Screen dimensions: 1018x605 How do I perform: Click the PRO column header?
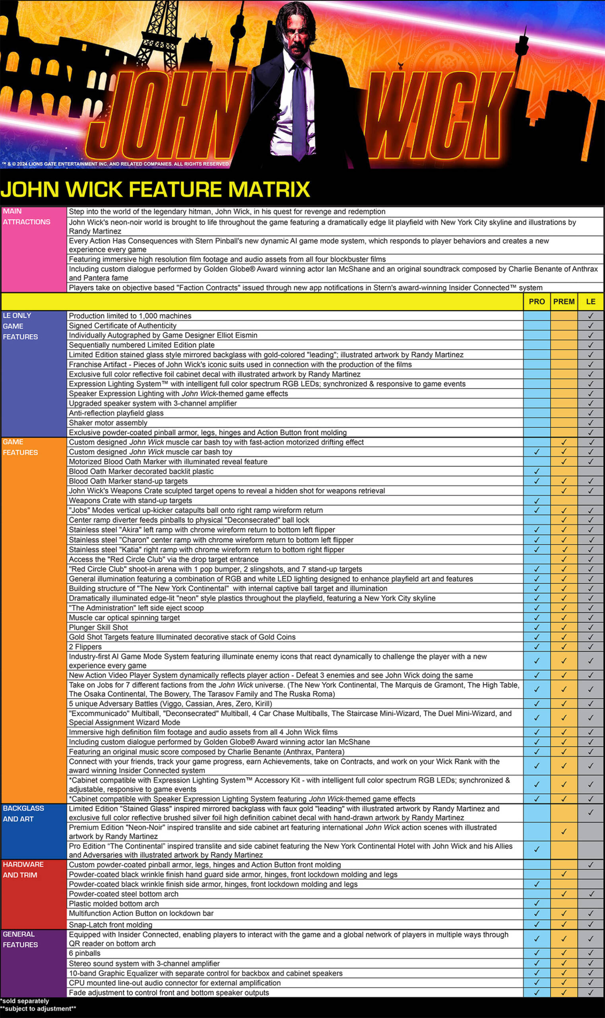(x=537, y=301)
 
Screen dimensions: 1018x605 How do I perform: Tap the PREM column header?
(x=564, y=301)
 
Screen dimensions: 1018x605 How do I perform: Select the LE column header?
(x=591, y=301)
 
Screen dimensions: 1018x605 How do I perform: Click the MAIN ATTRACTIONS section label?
(x=27, y=217)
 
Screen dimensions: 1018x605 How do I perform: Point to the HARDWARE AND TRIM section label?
(x=23, y=870)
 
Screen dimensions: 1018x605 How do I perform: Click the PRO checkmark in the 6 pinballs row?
(x=537, y=953)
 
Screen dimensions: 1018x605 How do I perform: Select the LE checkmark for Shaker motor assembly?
(x=591, y=423)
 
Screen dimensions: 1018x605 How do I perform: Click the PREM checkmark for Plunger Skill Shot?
(x=564, y=627)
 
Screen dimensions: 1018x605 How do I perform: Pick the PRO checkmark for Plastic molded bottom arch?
(x=537, y=903)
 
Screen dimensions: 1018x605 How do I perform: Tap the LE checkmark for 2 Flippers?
(x=591, y=647)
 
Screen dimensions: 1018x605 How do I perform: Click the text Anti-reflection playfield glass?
(x=116, y=413)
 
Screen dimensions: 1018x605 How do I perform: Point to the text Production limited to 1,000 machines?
(x=130, y=316)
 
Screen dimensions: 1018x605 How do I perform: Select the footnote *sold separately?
(x=25, y=1001)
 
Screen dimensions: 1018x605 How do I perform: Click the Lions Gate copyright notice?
(x=116, y=164)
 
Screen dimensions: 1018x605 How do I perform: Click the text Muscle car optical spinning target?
(x=124, y=618)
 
